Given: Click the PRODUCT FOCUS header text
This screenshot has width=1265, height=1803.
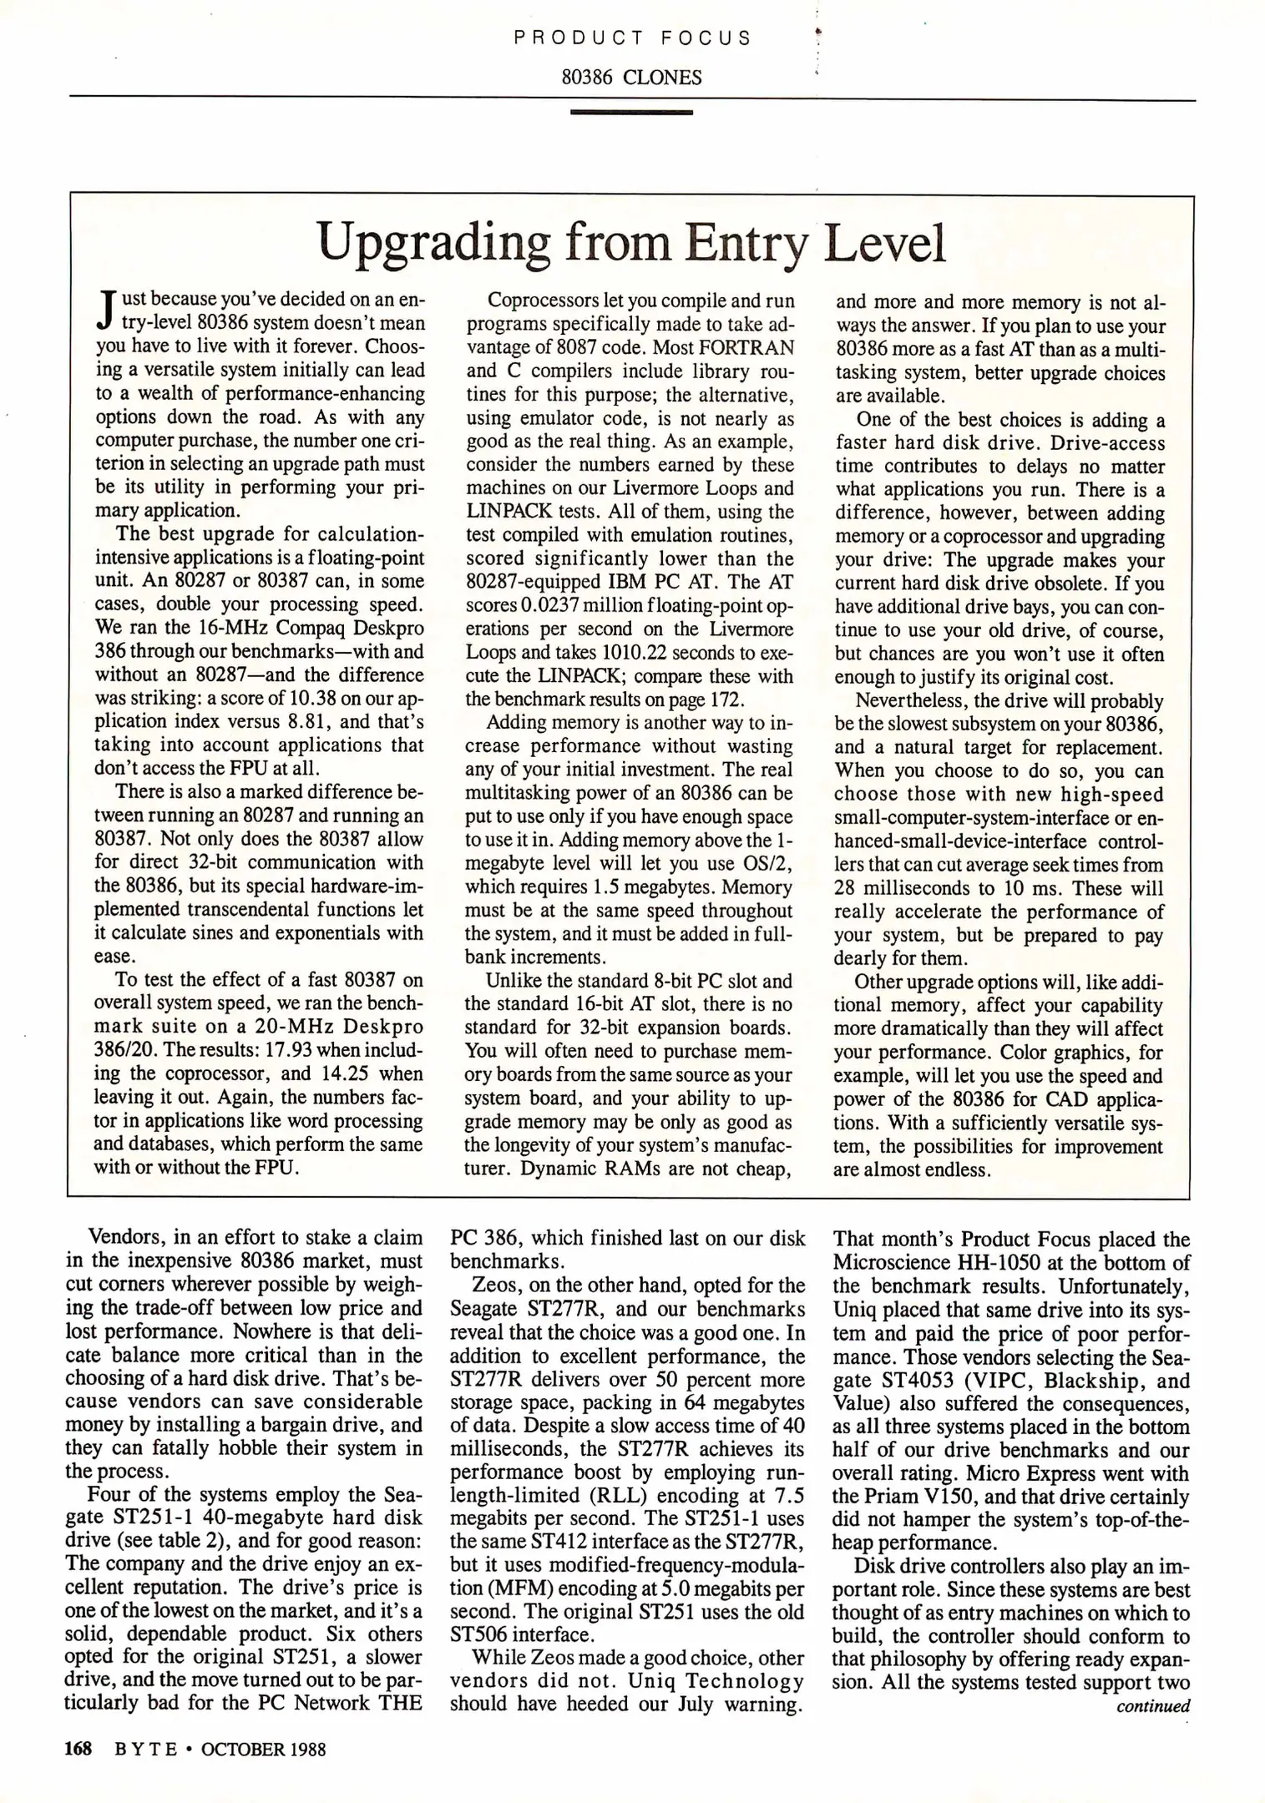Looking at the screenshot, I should [x=632, y=38].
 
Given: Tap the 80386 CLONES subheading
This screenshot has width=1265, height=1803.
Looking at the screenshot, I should [x=631, y=78].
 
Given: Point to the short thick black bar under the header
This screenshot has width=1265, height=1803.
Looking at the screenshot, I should [x=631, y=112].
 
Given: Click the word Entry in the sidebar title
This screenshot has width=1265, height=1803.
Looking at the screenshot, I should [x=746, y=243].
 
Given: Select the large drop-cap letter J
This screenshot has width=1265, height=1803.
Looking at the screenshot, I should [x=105, y=311].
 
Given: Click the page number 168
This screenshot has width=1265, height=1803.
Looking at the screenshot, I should [x=78, y=1749].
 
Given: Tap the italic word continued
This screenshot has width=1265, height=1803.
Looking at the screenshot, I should [x=1153, y=1706].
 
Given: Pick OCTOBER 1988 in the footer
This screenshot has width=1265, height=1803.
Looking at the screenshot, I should [x=263, y=1749].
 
